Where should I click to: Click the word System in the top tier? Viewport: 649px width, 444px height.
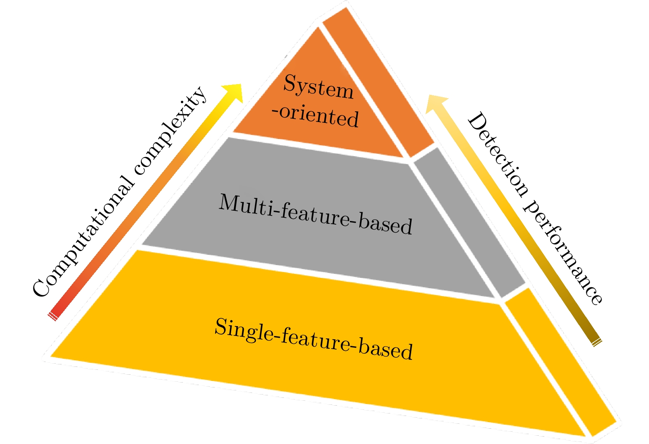tap(318, 87)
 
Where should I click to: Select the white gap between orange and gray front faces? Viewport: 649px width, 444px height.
tap(317, 146)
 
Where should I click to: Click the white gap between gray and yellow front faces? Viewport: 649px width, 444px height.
tap(317, 273)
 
